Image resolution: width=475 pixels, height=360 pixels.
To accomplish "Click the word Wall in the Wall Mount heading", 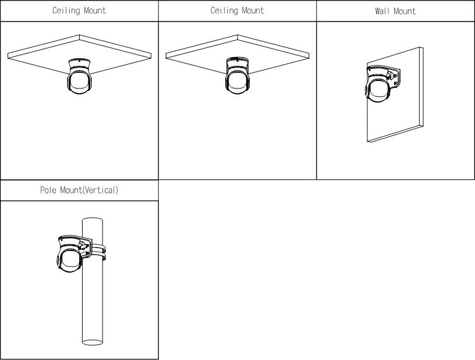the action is (382, 11).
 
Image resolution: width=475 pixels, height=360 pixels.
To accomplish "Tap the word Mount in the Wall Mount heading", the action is (405, 11).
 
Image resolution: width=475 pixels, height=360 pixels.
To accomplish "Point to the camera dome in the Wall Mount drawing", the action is (377, 90).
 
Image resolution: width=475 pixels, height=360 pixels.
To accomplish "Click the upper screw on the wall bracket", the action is (395, 75).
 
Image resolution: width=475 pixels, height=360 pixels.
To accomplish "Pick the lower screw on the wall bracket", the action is (395, 83).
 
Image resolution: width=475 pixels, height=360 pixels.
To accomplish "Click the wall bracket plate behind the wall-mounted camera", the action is (394, 78).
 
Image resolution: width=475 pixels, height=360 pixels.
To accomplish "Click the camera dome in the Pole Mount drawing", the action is (69, 260).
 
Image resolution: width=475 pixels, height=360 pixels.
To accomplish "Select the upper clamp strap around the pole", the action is (98, 249).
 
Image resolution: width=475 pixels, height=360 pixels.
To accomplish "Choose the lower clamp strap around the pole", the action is (98, 256).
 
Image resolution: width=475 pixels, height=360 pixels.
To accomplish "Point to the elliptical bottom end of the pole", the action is (93, 343).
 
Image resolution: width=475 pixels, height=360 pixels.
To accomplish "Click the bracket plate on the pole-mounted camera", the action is (86, 247).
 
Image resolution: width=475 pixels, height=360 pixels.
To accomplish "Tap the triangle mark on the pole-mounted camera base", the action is (62, 239).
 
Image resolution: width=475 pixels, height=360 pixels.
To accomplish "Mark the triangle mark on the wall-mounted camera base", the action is (370, 70).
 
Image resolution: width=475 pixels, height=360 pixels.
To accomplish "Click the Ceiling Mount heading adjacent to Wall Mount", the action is (237, 10).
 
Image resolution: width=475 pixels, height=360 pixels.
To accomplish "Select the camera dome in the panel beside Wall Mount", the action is (237, 82).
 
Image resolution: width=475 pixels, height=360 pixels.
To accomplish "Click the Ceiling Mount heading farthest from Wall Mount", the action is (79, 10).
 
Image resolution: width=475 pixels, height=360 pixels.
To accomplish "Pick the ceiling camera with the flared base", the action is (79, 76).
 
